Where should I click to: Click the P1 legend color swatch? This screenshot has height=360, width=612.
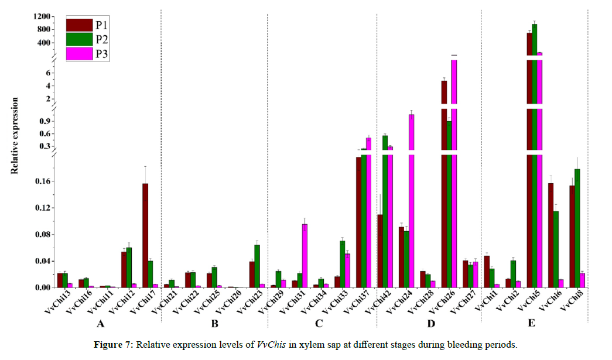point(78,25)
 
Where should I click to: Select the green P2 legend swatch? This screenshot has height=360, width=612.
point(78,39)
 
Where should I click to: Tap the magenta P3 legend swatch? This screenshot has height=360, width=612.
point(78,54)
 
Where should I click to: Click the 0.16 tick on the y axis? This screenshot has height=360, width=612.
point(43,181)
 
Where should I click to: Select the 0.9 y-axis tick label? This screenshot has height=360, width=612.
point(46,121)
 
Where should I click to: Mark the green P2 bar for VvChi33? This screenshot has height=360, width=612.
point(342,264)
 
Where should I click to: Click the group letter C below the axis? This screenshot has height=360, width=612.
point(319,324)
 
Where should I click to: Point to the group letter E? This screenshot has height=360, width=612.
point(531,324)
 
